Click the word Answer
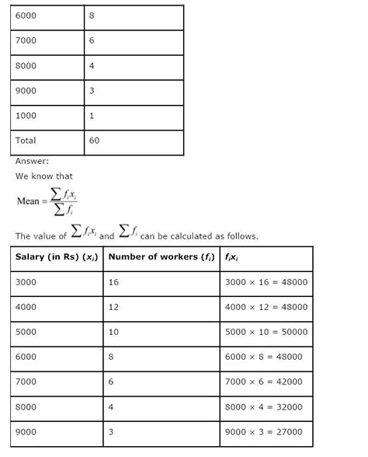click(32, 162)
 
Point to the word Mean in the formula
click(28, 201)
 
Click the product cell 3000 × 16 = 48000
click(266, 282)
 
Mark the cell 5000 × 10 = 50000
click(266, 332)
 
